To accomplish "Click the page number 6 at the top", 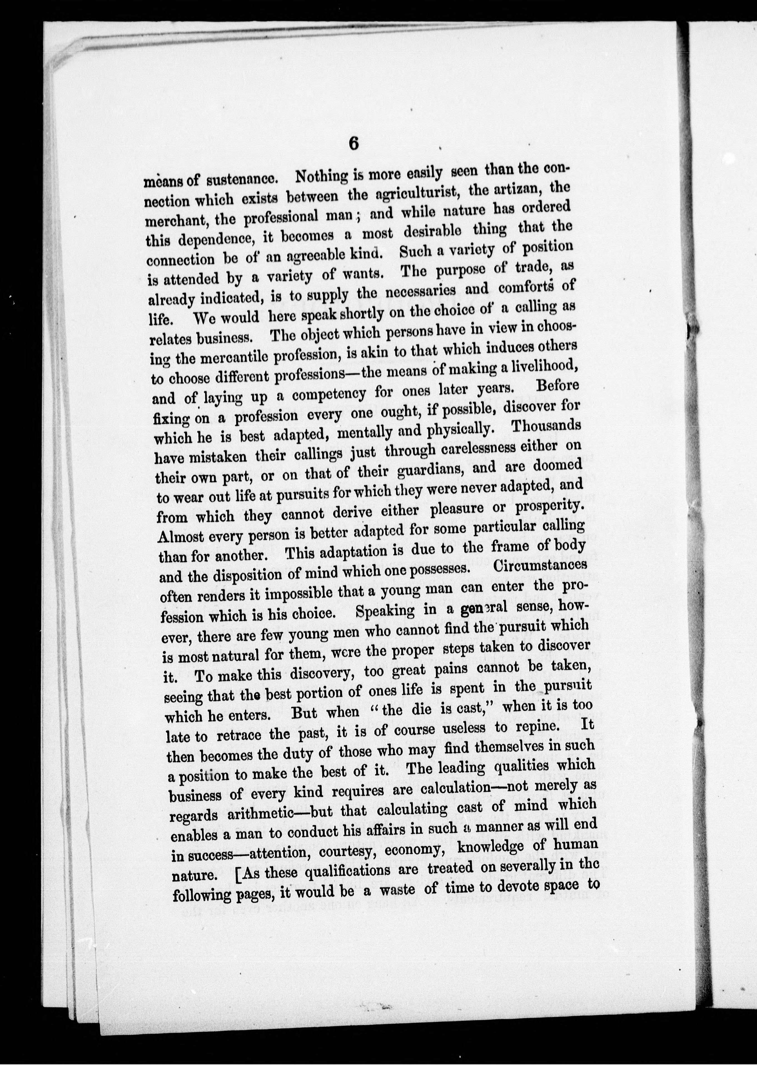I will coord(353,144).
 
